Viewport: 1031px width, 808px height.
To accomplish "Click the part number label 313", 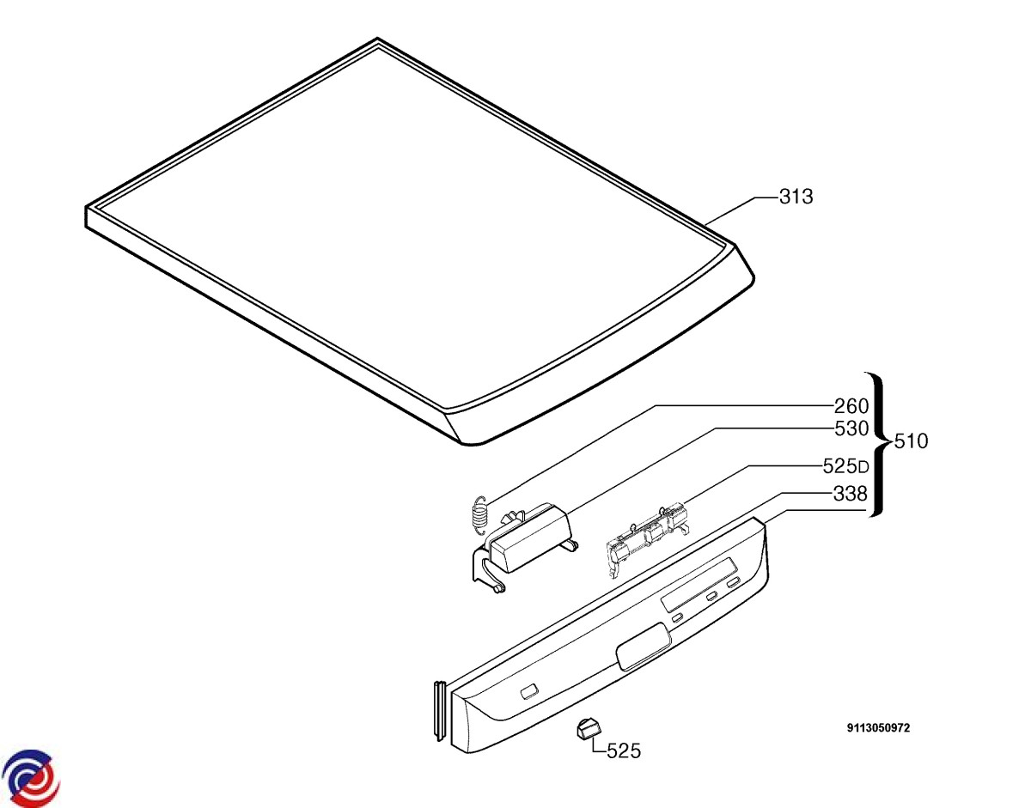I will [796, 197].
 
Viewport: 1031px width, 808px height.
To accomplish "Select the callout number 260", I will [851, 405].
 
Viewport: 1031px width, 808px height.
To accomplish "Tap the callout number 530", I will [851, 428].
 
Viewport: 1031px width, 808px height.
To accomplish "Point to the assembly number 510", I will [911, 442].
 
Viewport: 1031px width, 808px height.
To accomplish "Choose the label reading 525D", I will [845, 467].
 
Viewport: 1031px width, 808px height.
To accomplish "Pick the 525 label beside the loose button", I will [624, 751].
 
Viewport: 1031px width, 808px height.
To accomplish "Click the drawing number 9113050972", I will [878, 728].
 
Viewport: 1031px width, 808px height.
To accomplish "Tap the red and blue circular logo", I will [31, 778].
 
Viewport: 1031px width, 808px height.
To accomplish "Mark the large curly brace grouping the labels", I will [878, 444].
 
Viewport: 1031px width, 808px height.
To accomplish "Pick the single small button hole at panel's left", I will [528, 691].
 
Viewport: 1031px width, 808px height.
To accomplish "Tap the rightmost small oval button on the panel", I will [733, 583].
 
